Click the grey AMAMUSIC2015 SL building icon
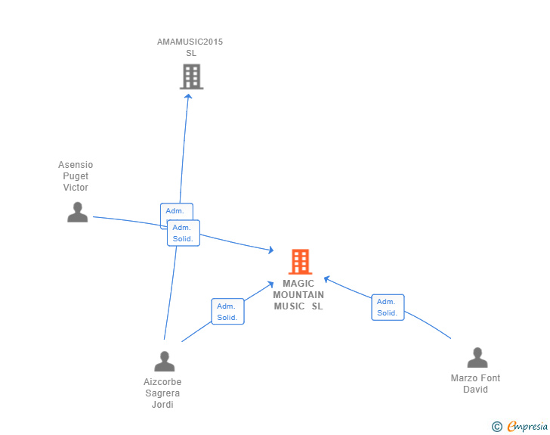pos(191,76)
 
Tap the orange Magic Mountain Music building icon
pos(300,262)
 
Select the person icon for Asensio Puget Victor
pos(77,213)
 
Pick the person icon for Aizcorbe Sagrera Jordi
pos(164,362)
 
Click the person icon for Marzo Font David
pos(477,358)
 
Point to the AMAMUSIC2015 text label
pos(190,42)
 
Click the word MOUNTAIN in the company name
pos(298,295)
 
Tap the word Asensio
pos(76,165)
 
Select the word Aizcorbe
pos(162,382)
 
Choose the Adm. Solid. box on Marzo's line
pos(388,307)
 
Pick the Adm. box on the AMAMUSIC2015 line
pos(175,211)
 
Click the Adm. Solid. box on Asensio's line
pos(184,233)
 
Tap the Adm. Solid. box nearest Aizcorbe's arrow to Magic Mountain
pos(227,312)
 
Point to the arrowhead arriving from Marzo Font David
pos(326,278)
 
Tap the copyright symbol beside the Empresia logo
pos(496,427)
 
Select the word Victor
pos(76,188)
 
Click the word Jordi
pos(162,405)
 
